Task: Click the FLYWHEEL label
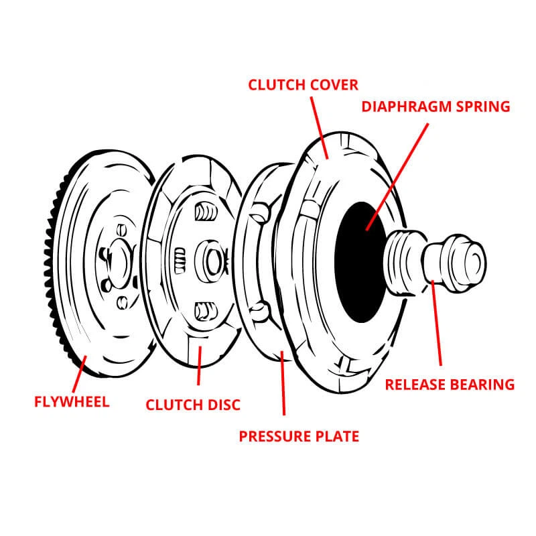[x=71, y=402]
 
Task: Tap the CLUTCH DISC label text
[x=193, y=405]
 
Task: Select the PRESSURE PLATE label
[x=299, y=436]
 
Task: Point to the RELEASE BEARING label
[x=449, y=384]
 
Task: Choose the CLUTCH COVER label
[x=303, y=84]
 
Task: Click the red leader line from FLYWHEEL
[x=78, y=376]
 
